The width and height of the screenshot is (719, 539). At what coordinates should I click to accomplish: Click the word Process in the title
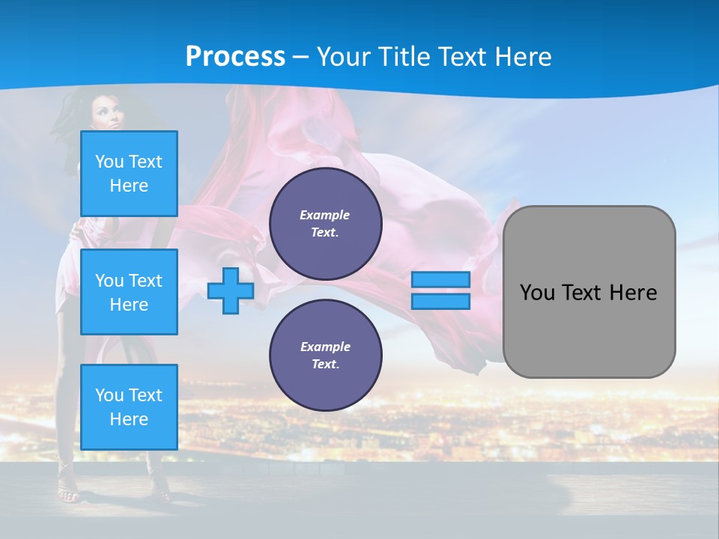coord(235,56)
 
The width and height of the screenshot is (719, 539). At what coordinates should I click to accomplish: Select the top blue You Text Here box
coord(129,174)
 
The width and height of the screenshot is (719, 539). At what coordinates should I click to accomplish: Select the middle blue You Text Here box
coord(129,292)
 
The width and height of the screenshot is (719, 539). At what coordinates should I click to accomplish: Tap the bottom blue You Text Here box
coord(129,407)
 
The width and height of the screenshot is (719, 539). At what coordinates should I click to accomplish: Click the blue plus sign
coord(231,290)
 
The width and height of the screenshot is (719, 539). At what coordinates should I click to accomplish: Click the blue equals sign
coord(440,290)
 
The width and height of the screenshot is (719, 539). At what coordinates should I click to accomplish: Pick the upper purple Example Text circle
coord(326,224)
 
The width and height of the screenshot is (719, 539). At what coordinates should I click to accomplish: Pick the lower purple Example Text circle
coord(326,356)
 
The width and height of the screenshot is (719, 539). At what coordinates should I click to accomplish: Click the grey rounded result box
coord(589,292)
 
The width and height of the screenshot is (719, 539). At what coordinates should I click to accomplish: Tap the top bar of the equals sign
coord(440,280)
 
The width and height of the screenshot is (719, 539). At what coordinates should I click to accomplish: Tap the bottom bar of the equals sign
coord(440,302)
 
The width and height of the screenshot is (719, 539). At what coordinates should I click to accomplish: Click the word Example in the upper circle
coord(325,215)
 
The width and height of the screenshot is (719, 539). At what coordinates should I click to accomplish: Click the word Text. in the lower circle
coord(325,365)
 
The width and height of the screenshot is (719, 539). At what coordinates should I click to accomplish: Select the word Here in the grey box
coord(633,293)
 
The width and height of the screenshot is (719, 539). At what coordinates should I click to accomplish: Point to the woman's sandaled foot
coord(67,494)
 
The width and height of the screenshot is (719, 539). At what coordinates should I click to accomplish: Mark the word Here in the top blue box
coord(129,186)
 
